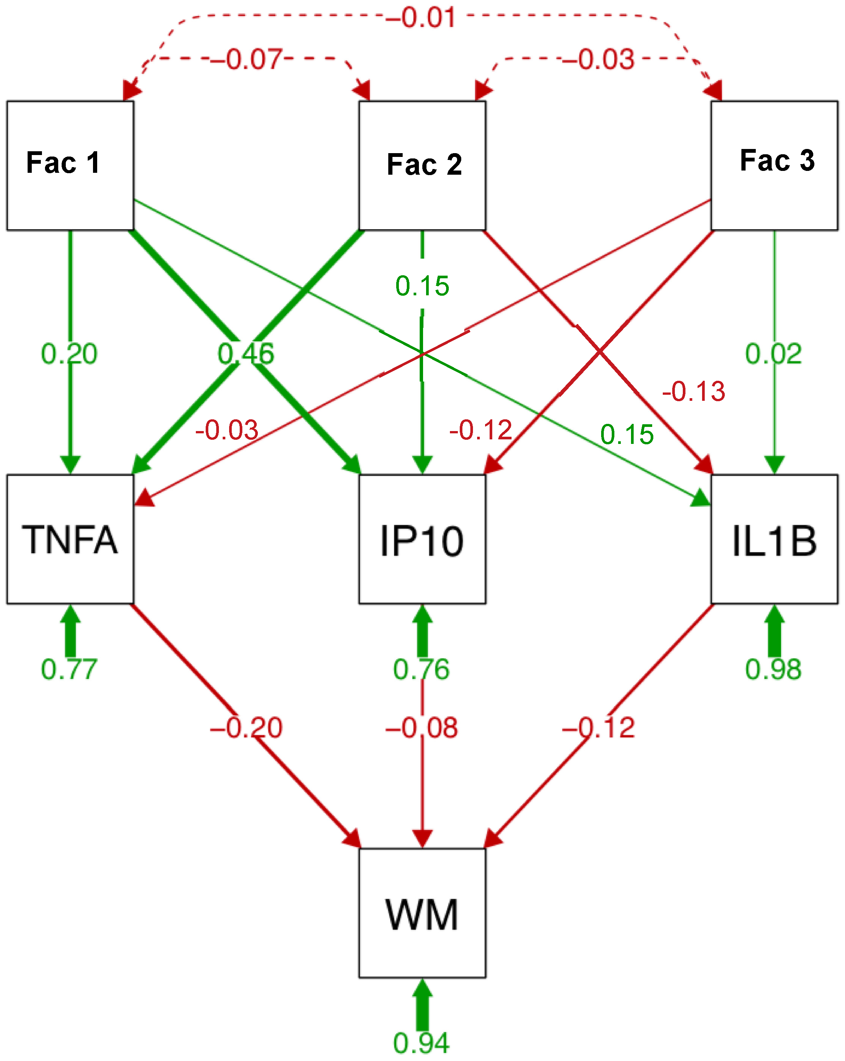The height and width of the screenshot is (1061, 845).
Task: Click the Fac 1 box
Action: [70, 165]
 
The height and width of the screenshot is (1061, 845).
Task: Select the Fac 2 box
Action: [422, 165]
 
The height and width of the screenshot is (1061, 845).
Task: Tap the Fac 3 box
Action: [774, 165]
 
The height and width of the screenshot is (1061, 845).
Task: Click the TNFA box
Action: [70, 539]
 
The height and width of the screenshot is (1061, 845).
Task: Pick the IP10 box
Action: [422, 539]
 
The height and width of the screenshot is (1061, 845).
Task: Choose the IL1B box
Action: [774, 539]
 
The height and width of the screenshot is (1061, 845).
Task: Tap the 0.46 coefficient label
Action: [246, 354]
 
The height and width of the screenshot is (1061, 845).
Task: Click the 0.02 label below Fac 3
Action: [773, 354]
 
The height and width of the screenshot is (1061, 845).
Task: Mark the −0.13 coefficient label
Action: [693, 392]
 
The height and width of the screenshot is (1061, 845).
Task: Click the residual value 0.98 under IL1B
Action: [773, 670]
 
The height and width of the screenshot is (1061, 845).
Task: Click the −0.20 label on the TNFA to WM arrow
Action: [246, 728]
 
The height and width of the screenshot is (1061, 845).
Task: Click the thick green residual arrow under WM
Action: [422, 1007]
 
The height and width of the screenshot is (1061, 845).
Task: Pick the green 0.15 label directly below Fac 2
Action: [422, 286]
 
